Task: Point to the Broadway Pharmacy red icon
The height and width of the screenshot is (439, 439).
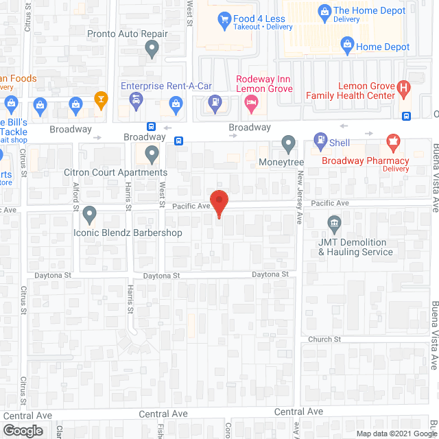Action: coord(393,143)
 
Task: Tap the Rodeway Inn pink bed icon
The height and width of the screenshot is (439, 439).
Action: coord(251,104)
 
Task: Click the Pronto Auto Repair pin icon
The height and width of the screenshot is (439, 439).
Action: coord(152,48)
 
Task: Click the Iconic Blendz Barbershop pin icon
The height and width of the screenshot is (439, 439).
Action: coord(89,215)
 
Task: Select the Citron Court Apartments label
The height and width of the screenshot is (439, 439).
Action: coord(115,173)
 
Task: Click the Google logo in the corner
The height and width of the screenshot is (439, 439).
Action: coord(22,430)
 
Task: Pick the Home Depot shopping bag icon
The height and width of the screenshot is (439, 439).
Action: coord(347,47)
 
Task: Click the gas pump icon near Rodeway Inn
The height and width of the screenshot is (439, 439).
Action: coord(215,104)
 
